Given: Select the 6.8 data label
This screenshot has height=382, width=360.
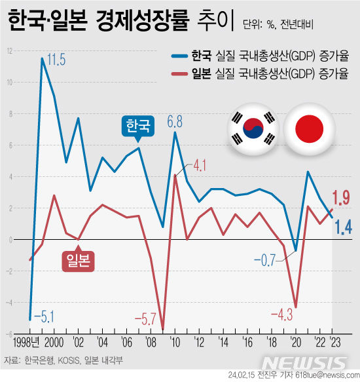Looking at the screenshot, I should coord(175,121).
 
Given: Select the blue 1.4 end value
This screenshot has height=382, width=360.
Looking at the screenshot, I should coord(341,227).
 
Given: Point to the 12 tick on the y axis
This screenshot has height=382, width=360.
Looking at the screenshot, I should coord(10,51).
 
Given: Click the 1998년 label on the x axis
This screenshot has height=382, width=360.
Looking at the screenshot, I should coord(27,342).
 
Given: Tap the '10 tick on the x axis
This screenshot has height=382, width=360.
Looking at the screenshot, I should coord(175,342).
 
